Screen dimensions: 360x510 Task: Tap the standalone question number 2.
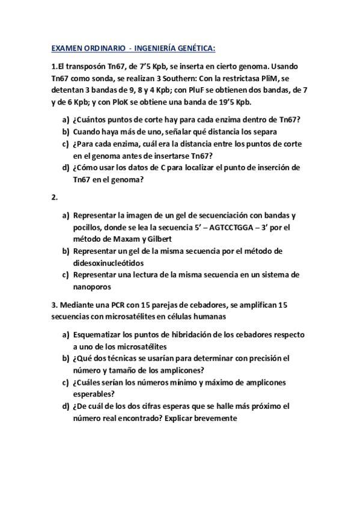tap(54, 197)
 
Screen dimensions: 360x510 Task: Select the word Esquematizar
tap(98, 334)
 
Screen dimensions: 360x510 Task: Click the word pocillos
tap(88, 227)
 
